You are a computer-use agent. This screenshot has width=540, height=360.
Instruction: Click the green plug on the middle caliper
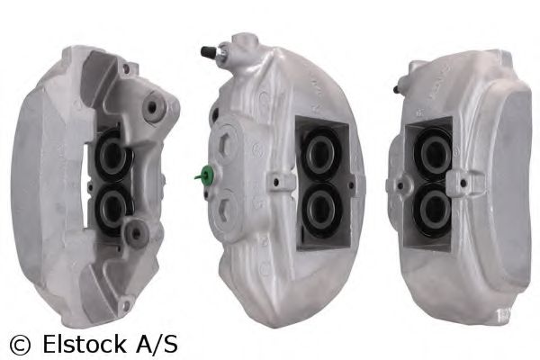tap(206, 175)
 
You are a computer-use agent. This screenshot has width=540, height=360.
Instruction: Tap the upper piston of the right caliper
tap(430, 150)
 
